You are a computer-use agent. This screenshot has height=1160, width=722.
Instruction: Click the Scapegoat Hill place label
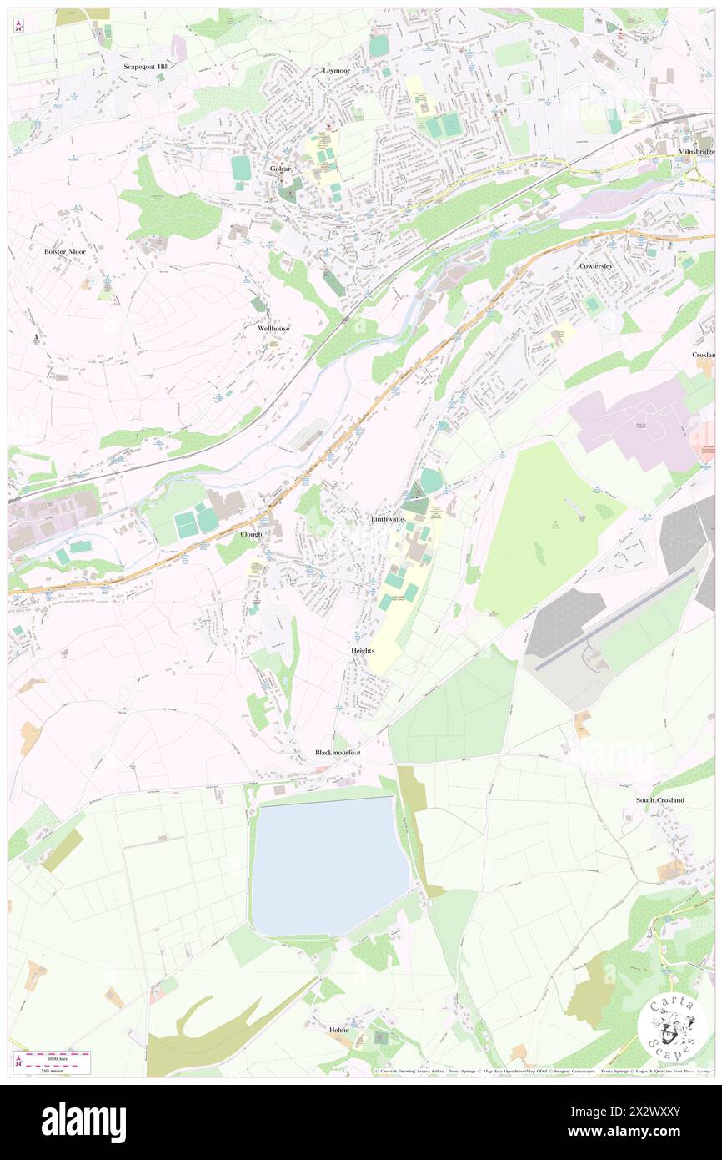[146, 66]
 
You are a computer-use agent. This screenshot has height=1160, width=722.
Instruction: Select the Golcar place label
[280, 168]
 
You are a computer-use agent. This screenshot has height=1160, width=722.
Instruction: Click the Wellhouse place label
[273, 328]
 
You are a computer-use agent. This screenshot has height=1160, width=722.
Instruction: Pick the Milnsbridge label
[696, 151]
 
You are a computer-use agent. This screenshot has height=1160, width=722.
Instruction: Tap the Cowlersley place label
[596, 265]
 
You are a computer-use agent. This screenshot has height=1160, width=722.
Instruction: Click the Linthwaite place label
[388, 518]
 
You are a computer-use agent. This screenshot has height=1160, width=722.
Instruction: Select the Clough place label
[251, 533]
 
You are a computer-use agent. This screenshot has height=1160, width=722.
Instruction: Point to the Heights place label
[363, 650]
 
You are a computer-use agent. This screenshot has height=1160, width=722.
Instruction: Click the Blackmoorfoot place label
[338, 752]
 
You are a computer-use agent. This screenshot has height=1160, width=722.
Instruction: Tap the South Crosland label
[660, 799]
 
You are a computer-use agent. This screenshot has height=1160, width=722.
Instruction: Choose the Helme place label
[338, 1030]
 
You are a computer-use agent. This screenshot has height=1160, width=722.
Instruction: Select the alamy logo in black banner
[83, 1122]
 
